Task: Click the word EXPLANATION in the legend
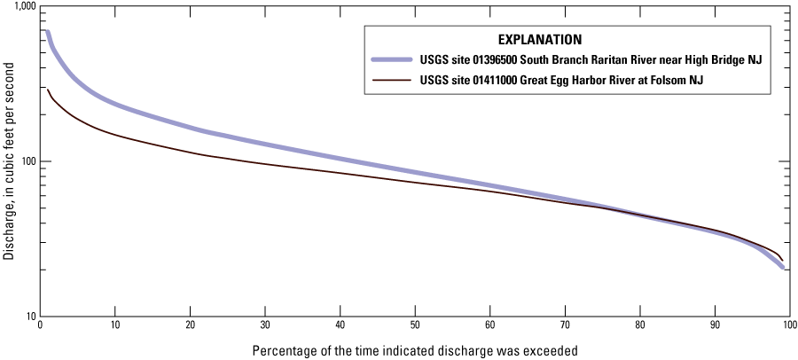539,40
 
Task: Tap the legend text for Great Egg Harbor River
567,80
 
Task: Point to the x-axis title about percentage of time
415,348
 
